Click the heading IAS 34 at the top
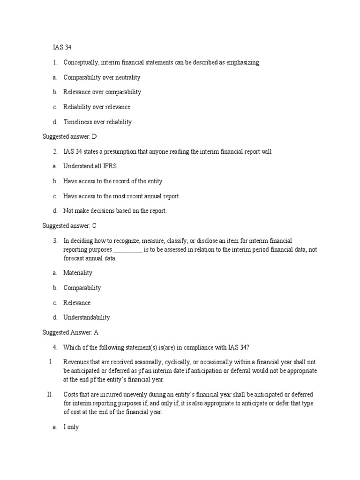pos(62,47)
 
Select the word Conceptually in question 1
pos(81,62)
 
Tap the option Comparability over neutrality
pos(102,77)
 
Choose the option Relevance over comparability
pos(102,92)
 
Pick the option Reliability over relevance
pos(97,107)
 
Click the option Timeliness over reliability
pos(97,122)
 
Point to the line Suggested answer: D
pos(69,136)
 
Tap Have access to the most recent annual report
pos(121,196)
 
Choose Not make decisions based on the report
pos(115,211)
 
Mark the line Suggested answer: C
pos(69,225)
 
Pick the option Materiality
pos(78,273)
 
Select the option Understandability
pos(87,317)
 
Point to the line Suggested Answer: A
pos(70,332)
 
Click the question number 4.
pos(55,347)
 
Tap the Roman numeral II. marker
pos(50,394)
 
